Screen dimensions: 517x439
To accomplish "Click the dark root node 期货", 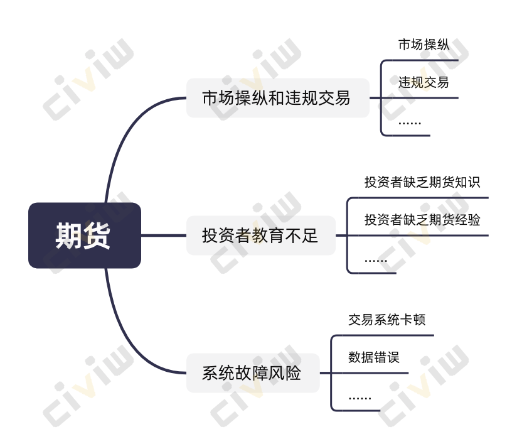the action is tap(85, 236).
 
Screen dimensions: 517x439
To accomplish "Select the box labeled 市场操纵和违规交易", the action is tap(277, 98).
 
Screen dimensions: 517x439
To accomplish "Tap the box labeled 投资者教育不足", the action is tap(261, 236).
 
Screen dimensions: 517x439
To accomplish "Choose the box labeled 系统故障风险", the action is tap(253, 373).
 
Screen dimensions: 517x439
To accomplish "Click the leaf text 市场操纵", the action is tap(424, 45).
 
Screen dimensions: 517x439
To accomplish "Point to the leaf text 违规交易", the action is tap(424, 82).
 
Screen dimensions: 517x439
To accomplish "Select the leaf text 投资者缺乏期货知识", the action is tap(422, 182).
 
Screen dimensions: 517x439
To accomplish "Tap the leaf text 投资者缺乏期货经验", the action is tap(422, 220).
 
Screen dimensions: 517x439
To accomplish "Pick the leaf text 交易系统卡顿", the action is tap(386, 320).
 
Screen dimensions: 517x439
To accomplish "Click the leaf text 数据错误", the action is tap(374, 357).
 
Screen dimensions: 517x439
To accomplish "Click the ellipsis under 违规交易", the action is tap(410, 123).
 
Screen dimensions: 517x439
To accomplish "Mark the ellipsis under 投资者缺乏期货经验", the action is tap(376, 261).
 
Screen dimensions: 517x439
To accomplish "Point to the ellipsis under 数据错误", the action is tap(360, 398).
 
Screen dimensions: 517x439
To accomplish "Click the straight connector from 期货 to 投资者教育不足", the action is tap(164, 236).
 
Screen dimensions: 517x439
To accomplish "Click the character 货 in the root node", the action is tap(97, 236).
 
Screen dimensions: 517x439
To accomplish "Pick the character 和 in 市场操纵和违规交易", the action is tap(277, 98).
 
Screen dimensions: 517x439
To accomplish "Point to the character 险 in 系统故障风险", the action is tap(293, 373).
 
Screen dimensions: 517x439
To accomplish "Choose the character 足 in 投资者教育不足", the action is tap(309, 236).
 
